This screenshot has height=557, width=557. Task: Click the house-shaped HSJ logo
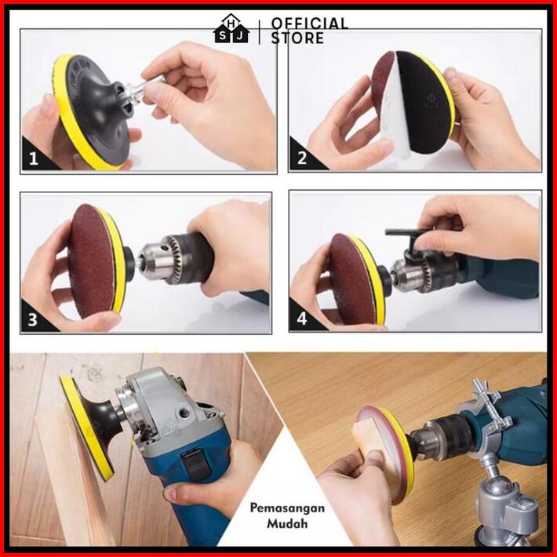pyautogui.click(x=231, y=29)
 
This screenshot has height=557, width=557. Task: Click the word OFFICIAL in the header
pyautogui.click(x=309, y=24)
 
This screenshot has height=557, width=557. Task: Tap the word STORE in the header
pyautogui.click(x=297, y=38)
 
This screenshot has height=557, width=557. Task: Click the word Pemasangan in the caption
pyautogui.click(x=287, y=508)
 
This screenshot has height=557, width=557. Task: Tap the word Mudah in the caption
pyautogui.click(x=287, y=523)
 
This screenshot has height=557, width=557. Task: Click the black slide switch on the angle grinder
pyautogui.click(x=195, y=463)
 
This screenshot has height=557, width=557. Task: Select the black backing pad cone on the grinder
pyautogui.click(x=100, y=424)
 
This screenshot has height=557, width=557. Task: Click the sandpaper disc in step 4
pyautogui.click(x=351, y=278)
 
